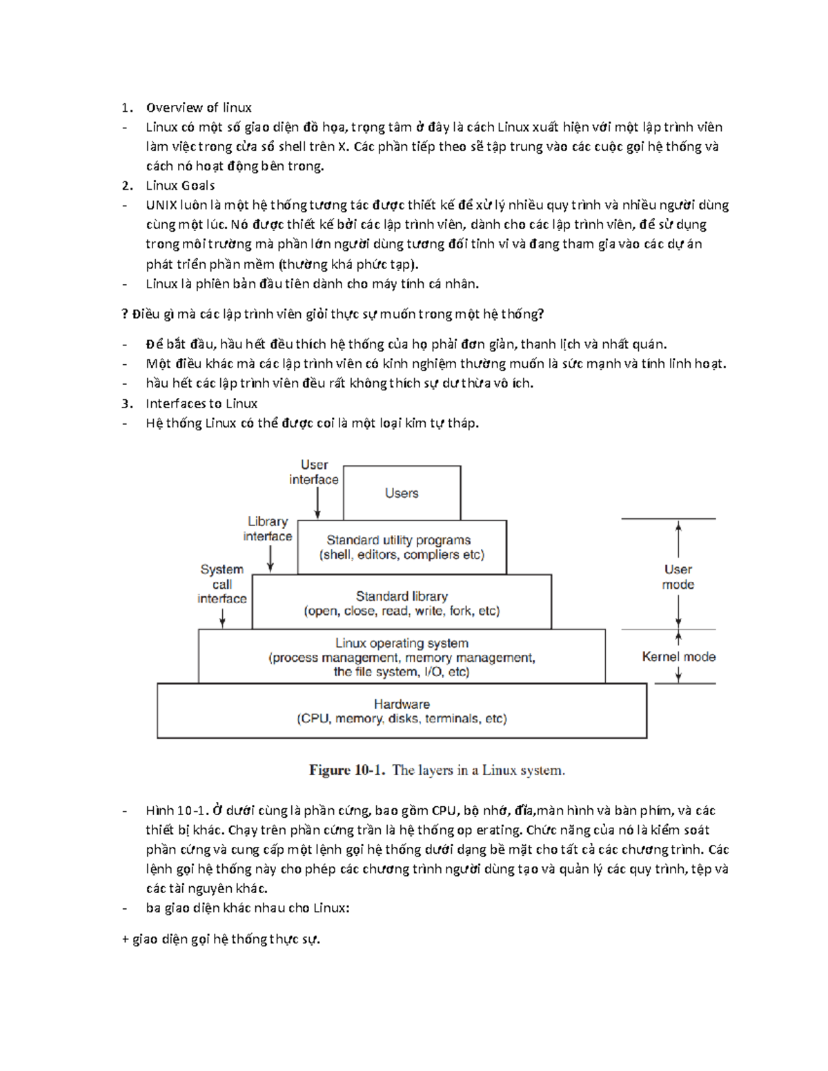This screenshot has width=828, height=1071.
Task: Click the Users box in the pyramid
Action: [402, 493]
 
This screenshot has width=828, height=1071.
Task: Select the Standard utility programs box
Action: [402, 548]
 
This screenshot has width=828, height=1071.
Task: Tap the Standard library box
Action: [402, 603]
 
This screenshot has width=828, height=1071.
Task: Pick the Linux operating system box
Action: [402, 657]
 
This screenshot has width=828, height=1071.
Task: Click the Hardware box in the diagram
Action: [402, 711]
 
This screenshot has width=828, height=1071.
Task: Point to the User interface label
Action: [314, 472]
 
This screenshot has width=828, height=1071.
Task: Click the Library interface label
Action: [268, 529]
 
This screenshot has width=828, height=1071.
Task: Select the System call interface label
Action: [222, 584]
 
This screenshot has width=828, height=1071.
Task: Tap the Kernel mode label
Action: [678, 657]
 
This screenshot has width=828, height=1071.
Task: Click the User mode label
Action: [678, 577]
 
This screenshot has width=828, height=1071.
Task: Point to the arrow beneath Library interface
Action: [270, 559]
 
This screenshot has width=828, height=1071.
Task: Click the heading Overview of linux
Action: [199, 108]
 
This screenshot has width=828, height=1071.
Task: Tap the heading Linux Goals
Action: [180, 186]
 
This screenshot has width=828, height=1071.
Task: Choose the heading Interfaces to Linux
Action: [201, 403]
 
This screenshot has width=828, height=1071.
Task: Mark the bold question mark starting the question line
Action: [125, 314]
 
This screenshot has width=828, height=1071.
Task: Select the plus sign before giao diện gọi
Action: [125, 939]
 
